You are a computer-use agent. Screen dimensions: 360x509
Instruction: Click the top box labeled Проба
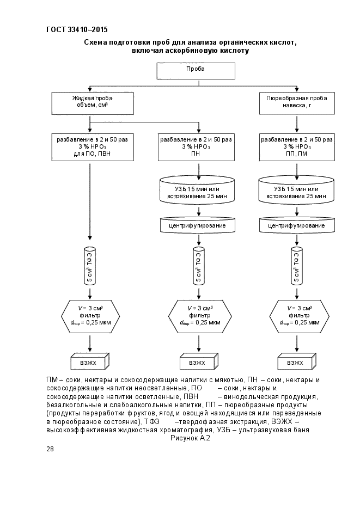[196, 71]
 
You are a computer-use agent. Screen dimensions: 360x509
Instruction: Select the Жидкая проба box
[93, 103]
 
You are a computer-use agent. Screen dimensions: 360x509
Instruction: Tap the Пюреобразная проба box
[297, 103]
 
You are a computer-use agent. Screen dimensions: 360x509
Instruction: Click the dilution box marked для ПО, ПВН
[93, 147]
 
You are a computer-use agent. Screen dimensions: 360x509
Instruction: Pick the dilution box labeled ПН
[196, 147]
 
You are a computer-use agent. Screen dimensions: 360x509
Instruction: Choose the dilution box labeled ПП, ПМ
[297, 147]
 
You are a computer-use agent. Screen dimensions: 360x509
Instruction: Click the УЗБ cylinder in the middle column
[197, 190]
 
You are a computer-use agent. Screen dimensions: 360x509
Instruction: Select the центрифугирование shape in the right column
[297, 225]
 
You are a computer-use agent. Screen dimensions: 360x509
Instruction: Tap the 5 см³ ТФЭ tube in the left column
[90, 266]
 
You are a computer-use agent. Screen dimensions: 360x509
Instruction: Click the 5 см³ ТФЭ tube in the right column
[297, 266]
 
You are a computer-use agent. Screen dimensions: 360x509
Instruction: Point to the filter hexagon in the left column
[90, 316]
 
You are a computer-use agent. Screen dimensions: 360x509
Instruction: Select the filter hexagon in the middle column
[200, 316]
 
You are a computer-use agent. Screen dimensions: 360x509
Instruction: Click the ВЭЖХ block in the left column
[90, 361]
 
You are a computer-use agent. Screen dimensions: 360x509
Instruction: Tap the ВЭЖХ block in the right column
[297, 361]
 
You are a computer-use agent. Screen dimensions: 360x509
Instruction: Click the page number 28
[50, 449]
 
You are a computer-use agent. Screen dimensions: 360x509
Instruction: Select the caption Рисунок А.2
[190, 438]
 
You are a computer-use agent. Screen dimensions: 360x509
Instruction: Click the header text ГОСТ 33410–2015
[77, 30]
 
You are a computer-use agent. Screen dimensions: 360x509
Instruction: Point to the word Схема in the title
[95, 42]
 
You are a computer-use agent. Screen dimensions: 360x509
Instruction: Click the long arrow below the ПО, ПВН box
[90, 201]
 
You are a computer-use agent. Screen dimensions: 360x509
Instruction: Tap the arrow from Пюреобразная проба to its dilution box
[297, 124]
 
